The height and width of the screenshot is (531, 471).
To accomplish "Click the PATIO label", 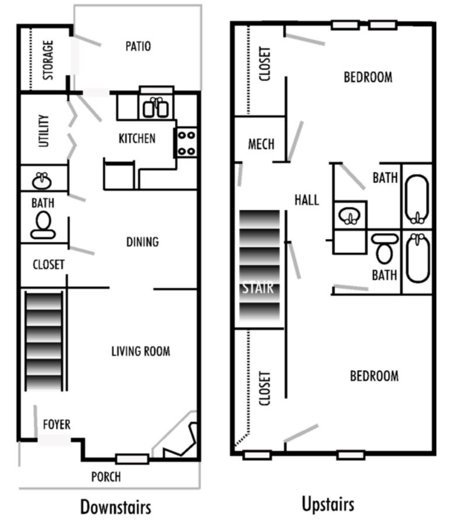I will [138, 46].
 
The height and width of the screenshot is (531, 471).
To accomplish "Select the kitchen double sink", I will [156, 107].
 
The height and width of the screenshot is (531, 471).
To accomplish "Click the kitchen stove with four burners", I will [186, 143].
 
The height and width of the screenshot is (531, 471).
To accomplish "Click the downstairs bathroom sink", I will [41, 180].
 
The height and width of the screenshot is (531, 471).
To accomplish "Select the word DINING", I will [142, 241].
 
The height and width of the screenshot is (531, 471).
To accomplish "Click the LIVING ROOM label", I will [141, 351].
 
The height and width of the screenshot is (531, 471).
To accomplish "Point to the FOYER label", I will [57, 424].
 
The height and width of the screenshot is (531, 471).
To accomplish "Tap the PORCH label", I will [106, 477].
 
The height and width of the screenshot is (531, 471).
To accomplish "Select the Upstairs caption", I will [327, 504].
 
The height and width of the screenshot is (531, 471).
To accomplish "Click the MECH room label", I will [260, 143].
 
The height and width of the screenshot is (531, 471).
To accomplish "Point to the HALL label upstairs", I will [306, 200].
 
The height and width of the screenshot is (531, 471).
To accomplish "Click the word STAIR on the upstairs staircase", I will [258, 288].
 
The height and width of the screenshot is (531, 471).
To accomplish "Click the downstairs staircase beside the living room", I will [44, 341].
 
